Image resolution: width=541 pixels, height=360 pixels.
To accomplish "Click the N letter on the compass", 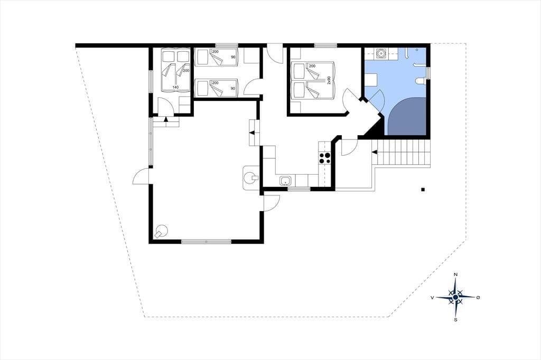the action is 455,274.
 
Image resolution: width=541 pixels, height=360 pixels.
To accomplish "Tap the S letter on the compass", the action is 456,320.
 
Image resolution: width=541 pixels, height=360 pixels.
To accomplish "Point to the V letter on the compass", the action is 432,297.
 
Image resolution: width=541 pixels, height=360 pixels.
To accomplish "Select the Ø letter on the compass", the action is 478,297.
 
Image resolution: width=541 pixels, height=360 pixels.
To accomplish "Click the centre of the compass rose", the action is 455,297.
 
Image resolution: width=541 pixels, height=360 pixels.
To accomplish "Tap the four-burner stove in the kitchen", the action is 325,158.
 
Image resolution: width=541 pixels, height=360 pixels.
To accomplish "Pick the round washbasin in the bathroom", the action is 381,53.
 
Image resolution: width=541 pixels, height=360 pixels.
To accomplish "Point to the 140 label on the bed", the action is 175,87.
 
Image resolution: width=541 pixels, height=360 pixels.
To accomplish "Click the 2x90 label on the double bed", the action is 329,80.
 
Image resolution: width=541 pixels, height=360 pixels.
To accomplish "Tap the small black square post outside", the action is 423,189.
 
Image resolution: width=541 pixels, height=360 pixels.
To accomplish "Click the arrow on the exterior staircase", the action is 375,151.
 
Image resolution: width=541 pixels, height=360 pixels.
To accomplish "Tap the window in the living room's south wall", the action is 207,242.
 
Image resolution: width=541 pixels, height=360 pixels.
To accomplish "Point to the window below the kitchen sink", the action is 299,188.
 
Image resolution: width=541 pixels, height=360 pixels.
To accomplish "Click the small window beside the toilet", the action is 429,73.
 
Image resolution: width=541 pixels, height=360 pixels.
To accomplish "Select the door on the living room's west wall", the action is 141,176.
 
